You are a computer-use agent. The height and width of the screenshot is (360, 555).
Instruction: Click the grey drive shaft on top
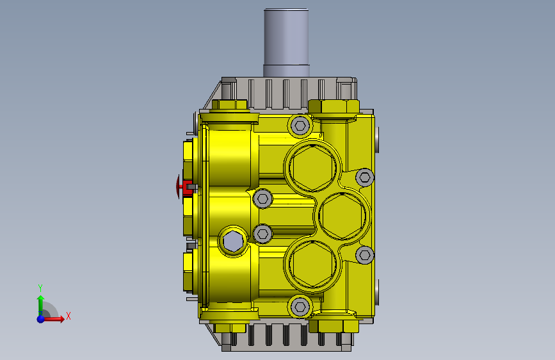pyautogui.click(x=286, y=42)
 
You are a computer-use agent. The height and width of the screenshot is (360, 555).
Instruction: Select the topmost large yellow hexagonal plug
pyautogui.click(x=312, y=167)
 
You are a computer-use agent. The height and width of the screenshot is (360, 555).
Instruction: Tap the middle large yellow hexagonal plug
pyautogui.click(x=342, y=215)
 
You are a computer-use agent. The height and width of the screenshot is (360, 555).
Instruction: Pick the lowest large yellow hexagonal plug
pyautogui.click(x=312, y=264)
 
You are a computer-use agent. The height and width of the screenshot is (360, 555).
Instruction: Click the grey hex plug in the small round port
pyautogui.click(x=233, y=241)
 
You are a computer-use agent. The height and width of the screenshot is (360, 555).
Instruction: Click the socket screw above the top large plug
pyautogui.click(x=300, y=126)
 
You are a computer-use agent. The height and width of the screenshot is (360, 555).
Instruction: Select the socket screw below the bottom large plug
pyautogui.click(x=300, y=306)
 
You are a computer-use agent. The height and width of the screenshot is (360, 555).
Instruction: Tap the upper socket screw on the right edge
pyautogui.click(x=365, y=177)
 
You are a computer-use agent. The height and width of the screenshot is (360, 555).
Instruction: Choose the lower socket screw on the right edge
pyautogui.click(x=365, y=255)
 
